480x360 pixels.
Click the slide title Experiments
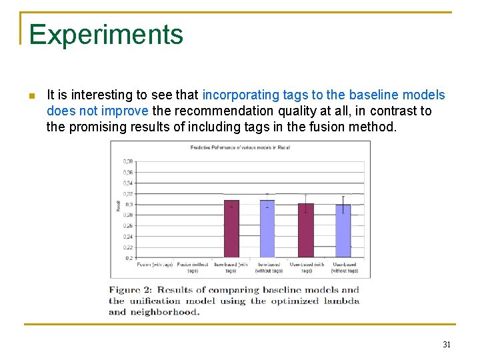tap(105, 34)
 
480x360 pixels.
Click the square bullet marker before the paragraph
tap(31, 96)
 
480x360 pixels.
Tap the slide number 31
tap(446, 345)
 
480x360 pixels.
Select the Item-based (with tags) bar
tap(231, 229)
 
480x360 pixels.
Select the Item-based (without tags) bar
tap(267, 229)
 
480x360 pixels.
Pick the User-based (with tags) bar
tap(305, 230)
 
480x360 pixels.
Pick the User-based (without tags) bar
tap(343, 231)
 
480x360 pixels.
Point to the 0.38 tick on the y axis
tap(127, 161)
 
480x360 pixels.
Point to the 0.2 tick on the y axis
tap(129, 258)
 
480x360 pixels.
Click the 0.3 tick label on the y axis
tap(129, 204)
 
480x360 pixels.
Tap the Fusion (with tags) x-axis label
tap(155, 265)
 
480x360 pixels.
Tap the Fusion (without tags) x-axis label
tap(193, 267)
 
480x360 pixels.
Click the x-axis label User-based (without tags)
tap(344, 267)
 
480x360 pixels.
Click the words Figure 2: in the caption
tap(133, 290)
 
